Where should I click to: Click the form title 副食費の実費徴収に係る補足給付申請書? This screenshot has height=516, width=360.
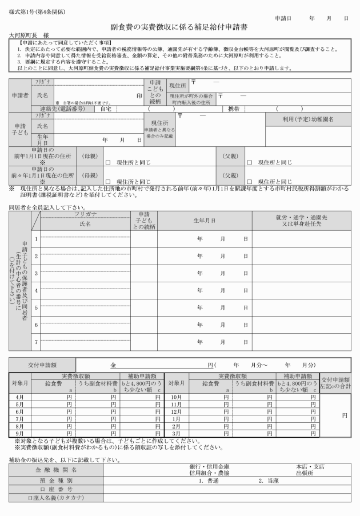pyautogui.click(x=180, y=27)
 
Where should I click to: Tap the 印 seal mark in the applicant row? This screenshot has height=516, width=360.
pyautogui.click(x=139, y=95)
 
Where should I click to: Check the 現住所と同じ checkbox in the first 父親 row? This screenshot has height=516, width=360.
pyautogui.click(x=249, y=162)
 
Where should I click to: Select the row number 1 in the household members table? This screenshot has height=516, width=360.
pyautogui.click(x=35, y=239)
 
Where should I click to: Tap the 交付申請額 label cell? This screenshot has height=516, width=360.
pyautogui.click(x=41, y=364)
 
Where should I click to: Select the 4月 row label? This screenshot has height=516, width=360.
pyautogui.click(x=19, y=397)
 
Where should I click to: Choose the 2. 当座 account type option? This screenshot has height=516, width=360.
pyautogui.click(x=268, y=481)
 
